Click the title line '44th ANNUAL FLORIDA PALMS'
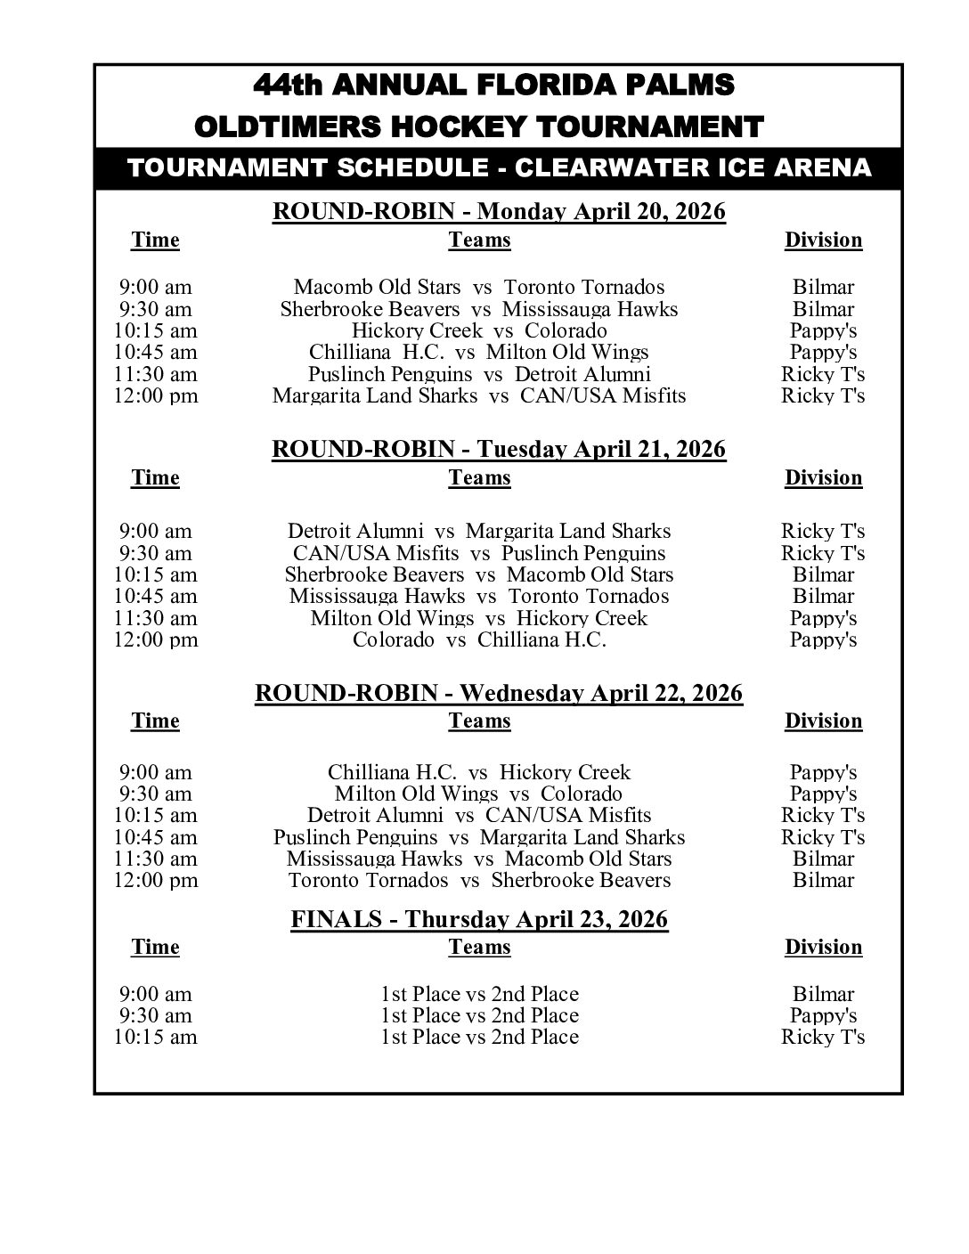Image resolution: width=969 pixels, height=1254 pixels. [x=494, y=85]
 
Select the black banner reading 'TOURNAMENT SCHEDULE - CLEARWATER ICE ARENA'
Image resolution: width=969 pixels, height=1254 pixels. [x=499, y=167]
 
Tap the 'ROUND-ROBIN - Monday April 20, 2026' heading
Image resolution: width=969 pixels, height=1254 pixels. [x=499, y=212]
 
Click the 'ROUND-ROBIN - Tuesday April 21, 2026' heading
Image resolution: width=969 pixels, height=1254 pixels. [x=499, y=449]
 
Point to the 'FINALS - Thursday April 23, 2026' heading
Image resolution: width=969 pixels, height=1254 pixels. [x=479, y=919]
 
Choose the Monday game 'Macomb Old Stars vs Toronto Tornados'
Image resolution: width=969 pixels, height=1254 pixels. [x=479, y=287]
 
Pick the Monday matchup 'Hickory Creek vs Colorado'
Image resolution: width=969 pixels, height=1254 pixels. [x=479, y=330]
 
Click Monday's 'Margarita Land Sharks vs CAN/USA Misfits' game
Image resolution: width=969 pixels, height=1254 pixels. [x=479, y=395]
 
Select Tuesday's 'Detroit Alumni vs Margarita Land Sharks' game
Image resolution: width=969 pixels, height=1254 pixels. [x=479, y=531]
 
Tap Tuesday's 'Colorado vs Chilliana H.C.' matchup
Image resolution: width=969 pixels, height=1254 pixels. [x=479, y=639]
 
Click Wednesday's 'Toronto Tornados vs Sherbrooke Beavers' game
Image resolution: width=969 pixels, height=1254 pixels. [x=479, y=880]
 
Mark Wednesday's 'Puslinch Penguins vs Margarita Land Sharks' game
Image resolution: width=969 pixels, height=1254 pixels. [x=479, y=837]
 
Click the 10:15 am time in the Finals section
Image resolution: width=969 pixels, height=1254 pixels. [x=156, y=1037]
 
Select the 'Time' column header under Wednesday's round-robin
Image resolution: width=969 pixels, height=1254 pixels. [x=156, y=721]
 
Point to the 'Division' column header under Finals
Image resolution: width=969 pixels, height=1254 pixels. [x=823, y=947]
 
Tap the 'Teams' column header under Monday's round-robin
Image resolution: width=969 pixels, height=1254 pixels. [x=479, y=240]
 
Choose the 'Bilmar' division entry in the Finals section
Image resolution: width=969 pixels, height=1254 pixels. [x=823, y=994]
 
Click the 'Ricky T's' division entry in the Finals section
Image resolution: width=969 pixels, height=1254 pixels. [x=823, y=1037]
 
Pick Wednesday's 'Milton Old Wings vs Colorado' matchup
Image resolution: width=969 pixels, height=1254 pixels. [x=479, y=794]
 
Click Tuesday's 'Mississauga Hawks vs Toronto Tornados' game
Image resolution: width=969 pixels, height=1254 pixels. [x=479, y=596]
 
